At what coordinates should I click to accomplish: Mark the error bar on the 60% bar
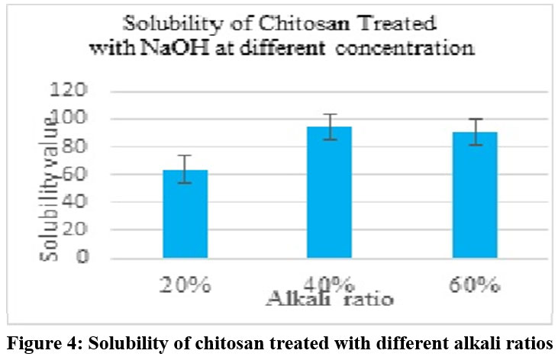coord(476,131)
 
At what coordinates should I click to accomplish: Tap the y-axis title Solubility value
coord(49,186)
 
